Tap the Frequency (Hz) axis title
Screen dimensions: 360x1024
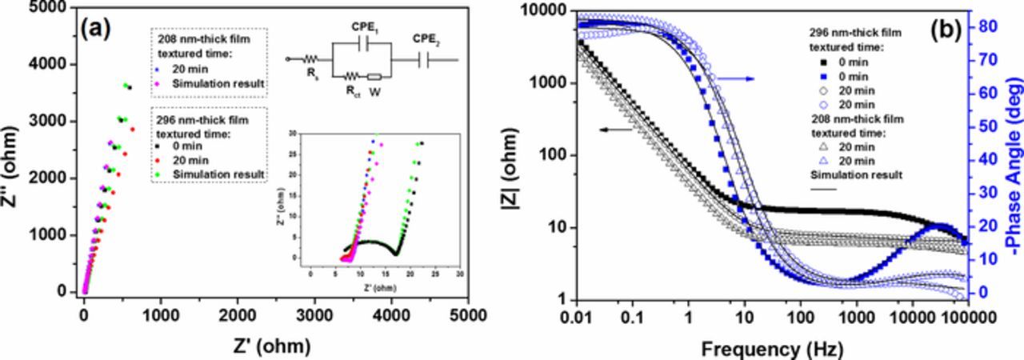(x=768, y=349)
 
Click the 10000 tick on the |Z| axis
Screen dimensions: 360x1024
(x=545, y=10)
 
